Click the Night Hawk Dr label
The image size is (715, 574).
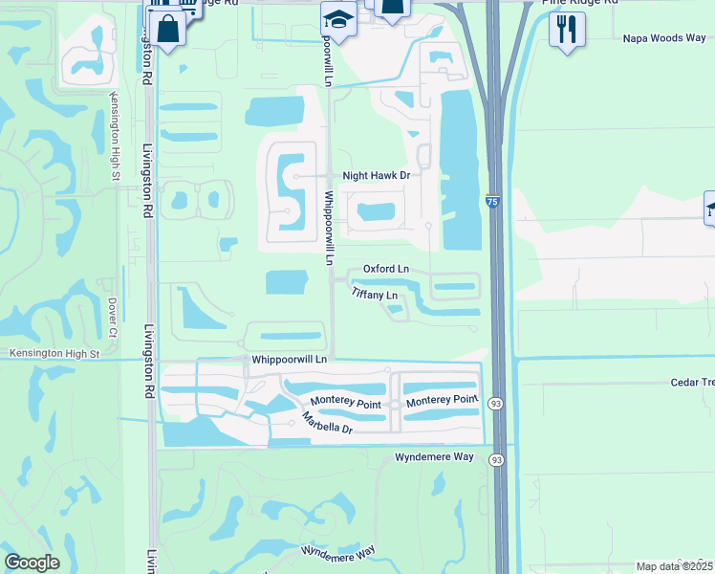[x=376, y=176]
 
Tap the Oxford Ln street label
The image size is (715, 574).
[x=386, y=270]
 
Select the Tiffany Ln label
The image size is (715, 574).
[x=374, y=295]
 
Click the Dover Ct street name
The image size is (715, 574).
[x=112, y=320]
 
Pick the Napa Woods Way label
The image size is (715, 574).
[x=663, y=38]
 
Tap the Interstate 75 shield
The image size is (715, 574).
[x=491, y=203]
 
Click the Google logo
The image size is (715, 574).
[x=32, y=563]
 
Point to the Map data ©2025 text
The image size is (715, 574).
[x=675, y=566]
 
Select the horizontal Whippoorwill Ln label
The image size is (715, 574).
[x=289, y=359]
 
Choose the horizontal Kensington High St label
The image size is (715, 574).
[x=54, y=354]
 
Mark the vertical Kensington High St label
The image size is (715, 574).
[x=114, y=135]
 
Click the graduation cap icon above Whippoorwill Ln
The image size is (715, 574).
[x=338, y=17]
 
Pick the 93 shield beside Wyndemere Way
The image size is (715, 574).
[x=496, y=460]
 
